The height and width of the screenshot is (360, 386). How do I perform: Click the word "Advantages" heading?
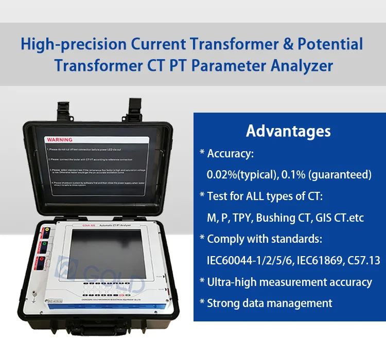[x=288, y=131]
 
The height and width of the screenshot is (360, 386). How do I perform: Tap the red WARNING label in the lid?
[x=60, y=139]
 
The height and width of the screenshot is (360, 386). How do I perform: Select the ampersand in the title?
[x=273, y=44]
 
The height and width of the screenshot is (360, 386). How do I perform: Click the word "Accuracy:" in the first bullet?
[x=230, y=153]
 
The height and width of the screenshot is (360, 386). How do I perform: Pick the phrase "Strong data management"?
[x=269, y=303]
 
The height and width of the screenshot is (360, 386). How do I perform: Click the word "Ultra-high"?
[x=232, y=282]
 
